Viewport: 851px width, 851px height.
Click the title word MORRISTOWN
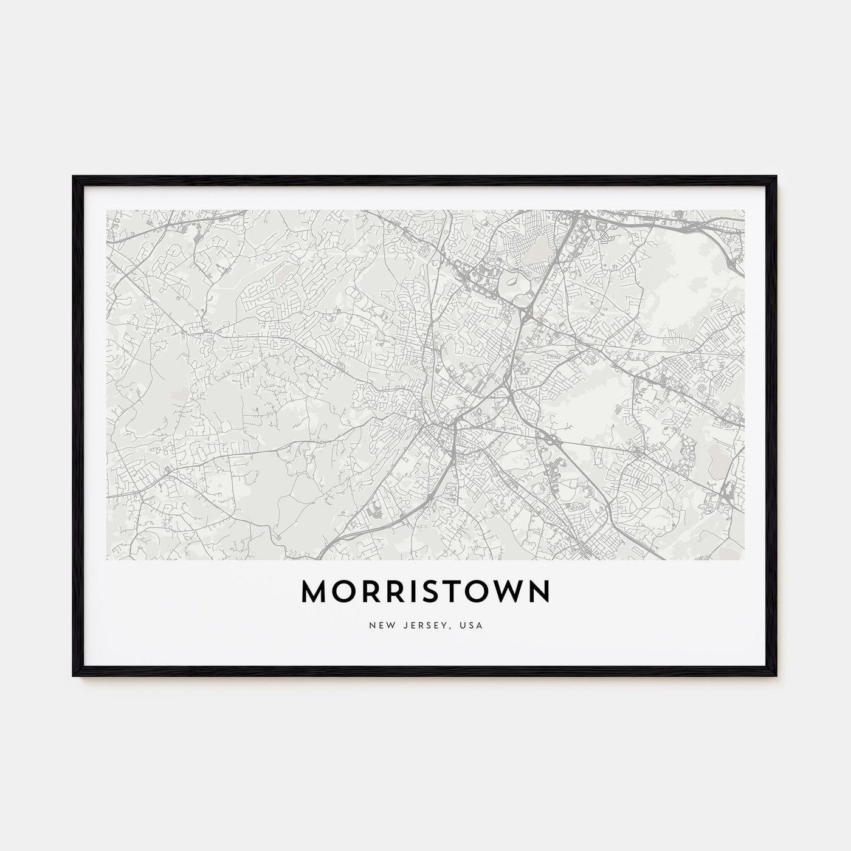425,592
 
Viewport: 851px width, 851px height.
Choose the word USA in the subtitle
472,625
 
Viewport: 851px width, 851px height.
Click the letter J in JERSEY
404,625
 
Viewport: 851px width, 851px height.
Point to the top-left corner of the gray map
107,211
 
